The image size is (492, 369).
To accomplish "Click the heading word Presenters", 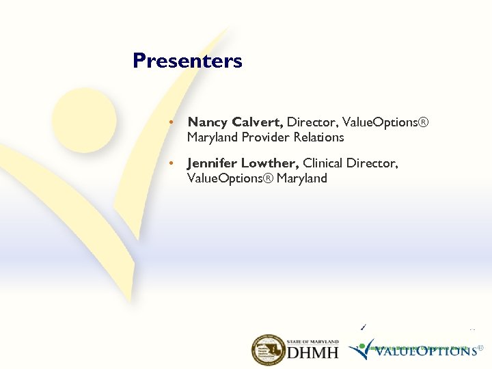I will [x=187, y=61].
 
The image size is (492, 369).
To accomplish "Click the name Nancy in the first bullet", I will [x=208, y=122].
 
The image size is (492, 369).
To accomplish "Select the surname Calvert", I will [x=258, y=122].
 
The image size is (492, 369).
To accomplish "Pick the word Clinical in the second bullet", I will [x=325, y=163].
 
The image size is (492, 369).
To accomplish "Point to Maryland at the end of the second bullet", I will [x=301, y=178].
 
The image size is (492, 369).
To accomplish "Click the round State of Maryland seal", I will [x=268, y=351].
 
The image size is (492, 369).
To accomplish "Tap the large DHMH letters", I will [x=312, y=353].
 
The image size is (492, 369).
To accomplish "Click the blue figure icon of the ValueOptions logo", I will [x=359, y=351].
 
